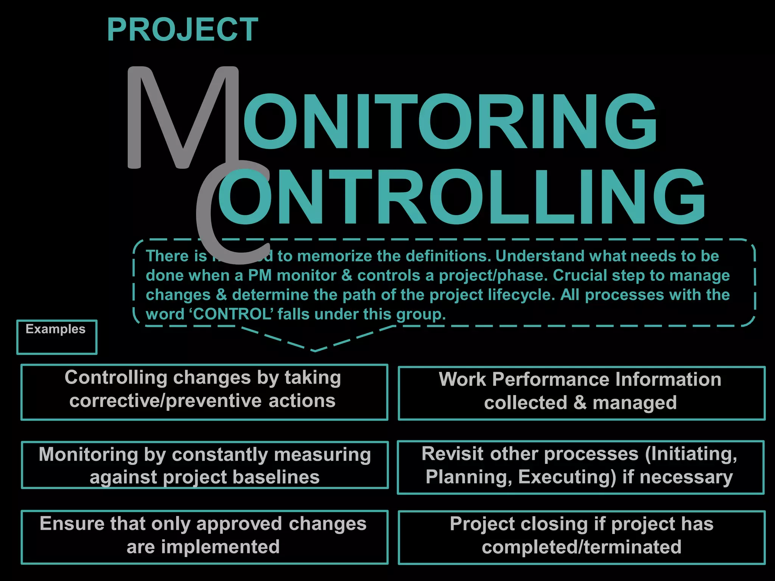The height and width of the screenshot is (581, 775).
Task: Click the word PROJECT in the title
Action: coord(182,30)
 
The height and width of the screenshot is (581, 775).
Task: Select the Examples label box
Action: coord(57,337)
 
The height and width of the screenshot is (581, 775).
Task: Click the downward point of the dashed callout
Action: coord(315,350)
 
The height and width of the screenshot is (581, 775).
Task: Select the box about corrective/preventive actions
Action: coord(204,392)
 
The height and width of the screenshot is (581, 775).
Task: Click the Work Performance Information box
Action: coord(581,393)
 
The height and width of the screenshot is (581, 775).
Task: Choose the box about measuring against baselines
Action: coord(204,465)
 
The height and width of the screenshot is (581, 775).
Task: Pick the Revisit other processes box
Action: coord(580,467)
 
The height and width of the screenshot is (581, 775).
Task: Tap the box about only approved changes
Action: coord(204,537)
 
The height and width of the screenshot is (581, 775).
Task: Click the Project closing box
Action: coord(581,537)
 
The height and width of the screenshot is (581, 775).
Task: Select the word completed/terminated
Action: coord(581,547)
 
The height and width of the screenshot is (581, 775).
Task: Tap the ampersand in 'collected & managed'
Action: coord(580,403)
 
